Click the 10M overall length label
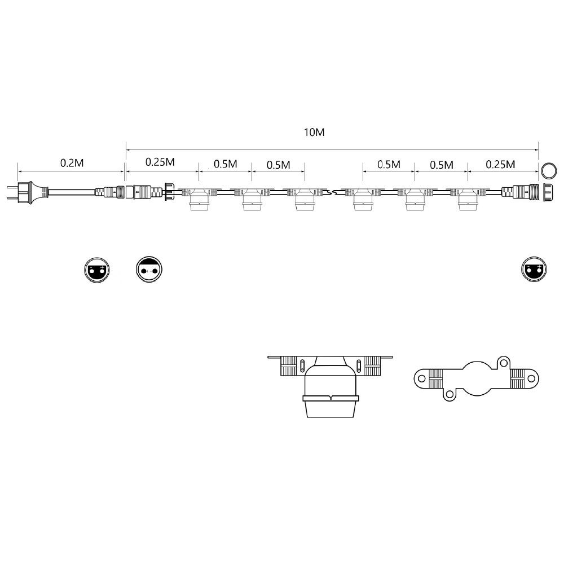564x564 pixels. pyautogui.click(x=314, y=133)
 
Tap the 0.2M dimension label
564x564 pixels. pyautogui.click(x=72, y=163)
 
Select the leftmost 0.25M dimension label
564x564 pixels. pyautogui.click(x=160, y=162)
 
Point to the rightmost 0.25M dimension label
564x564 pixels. pyautogui.click(x=500, y=164)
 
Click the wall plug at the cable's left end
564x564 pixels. pyautogui.click(x=27, y=192)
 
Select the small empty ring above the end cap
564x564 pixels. pyautogui.click(x=549, y=170)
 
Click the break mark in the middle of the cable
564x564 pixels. pyautogui.click(x=335, y=193)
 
